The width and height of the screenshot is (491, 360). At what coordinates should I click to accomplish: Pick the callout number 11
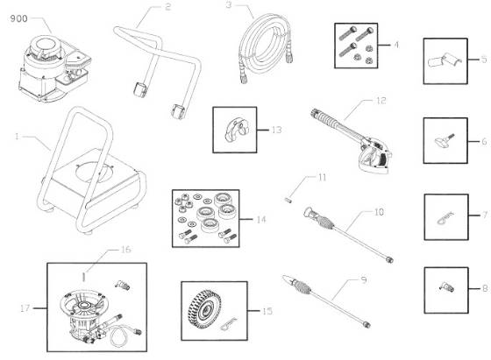pos(322,178)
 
